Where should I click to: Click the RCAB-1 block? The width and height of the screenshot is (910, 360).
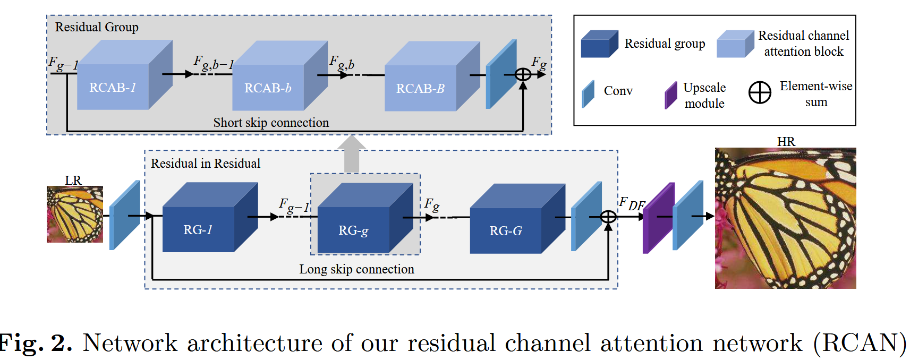[x=125, y=75]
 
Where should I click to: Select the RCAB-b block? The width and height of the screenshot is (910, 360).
[x=280, y=75]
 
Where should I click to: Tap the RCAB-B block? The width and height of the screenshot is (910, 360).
[x=432, y=76]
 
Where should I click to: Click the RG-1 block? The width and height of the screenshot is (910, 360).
[x=210, y=217]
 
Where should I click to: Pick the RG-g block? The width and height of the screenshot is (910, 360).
[x=365, y=218]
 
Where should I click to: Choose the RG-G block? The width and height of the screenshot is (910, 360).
[x=517, y=219]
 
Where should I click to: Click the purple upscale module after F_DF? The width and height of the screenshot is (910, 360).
[x=659, y=218]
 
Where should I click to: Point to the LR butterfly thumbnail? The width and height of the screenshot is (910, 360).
[x=75, y=215]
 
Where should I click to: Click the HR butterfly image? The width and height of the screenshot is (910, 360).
[x=785, y=218]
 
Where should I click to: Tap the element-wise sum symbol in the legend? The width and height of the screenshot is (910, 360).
[x=760, y=92]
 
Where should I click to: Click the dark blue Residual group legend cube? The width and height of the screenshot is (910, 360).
[x=600, y=44]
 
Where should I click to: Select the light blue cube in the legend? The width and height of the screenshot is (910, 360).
[x=735, y=44]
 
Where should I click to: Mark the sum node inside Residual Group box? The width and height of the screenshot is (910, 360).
[x=523, y=75]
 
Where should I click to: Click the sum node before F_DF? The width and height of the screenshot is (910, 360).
[x=608, y=217]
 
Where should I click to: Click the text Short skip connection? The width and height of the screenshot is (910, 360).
[x=271, y=123]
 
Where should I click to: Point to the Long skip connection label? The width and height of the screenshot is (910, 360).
[x=356, y=269]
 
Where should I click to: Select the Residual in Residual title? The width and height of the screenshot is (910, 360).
[x=206, y=163]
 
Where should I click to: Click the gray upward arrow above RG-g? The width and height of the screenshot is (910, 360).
[x=352, y=154]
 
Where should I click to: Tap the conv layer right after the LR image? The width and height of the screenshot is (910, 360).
[x=125, y=215]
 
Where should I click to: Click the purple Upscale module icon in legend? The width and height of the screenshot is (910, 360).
[x=671, y=96]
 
